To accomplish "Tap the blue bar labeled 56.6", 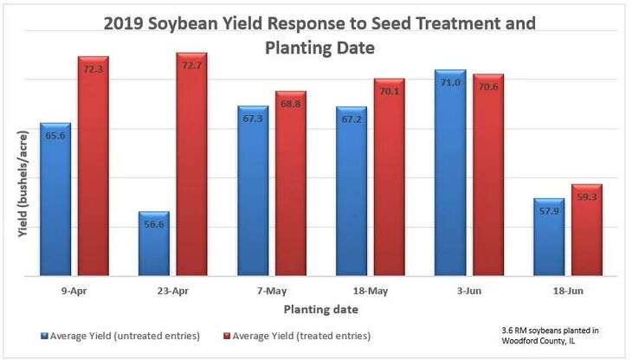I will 153,247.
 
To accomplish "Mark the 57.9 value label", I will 548,211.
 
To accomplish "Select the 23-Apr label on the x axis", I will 172,292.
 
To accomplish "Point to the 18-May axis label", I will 371,292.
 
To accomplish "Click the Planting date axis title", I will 320,308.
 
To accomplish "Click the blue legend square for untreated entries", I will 43,335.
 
